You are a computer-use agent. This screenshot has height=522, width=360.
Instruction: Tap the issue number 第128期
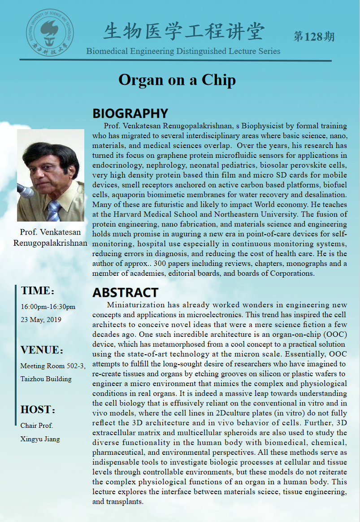click(314, 36)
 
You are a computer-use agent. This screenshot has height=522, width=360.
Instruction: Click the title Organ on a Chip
click(177, 80)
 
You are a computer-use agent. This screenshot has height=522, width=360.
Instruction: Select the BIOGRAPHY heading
click(130, 113)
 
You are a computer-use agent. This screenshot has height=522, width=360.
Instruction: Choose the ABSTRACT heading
click(125, 292)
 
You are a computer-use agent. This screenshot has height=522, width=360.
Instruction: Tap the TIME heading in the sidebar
click(37, 291)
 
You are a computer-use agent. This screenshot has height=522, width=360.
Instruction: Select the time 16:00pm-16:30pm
click(48, 307)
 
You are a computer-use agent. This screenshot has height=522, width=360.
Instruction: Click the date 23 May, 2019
click(41, 320)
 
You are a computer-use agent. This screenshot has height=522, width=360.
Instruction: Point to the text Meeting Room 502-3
click(52, 366)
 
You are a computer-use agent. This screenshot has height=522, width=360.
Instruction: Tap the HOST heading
click(38, 409)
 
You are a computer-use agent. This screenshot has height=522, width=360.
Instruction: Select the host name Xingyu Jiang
click(40, 439)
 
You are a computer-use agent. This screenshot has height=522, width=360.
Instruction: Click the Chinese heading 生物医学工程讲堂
click(184, 32)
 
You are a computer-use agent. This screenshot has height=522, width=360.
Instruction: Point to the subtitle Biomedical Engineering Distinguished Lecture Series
click(183, 51)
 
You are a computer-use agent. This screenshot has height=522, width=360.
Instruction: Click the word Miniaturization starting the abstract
click(134, 305)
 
